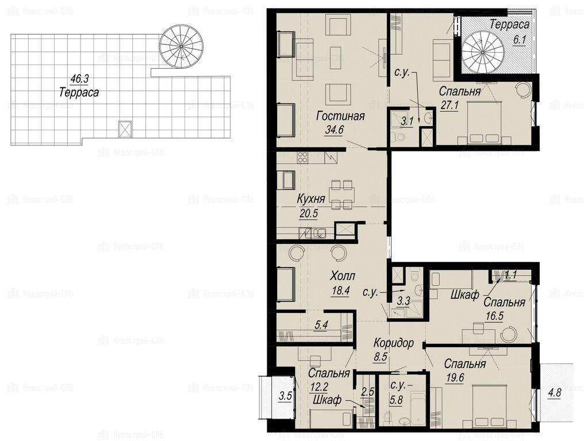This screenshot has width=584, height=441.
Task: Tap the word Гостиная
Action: (340, 116)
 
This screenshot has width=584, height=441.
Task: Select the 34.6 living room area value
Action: (334, 130)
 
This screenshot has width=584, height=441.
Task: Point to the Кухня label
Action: (310, 199)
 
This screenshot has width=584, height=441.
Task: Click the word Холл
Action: (343, 276)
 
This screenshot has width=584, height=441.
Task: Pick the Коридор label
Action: (394, 342)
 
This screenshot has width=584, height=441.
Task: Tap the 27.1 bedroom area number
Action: (449, 105)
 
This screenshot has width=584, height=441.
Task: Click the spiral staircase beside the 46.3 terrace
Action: (182, 46)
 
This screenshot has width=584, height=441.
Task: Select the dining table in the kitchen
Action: (342, 195)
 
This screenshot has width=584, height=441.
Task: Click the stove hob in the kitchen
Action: (302, 157)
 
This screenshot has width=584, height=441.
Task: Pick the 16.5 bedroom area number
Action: (494, 316)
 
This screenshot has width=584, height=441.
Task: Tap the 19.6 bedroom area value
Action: (455, 378)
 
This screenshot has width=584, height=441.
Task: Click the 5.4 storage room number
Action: (321, 325)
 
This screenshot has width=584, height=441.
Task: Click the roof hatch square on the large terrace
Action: (125, 129)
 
